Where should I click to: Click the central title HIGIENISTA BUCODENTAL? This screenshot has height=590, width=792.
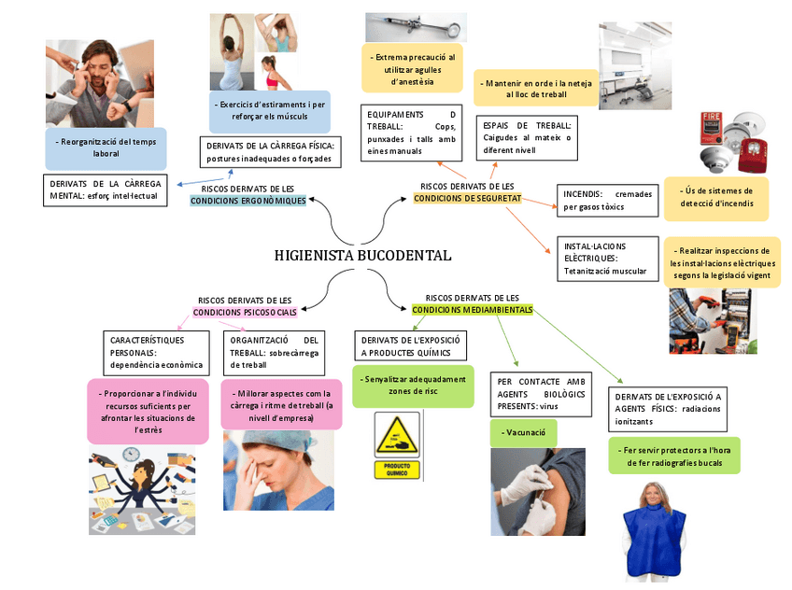click(362, 255)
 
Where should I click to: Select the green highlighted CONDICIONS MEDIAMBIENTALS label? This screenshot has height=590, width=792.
click(473, 309)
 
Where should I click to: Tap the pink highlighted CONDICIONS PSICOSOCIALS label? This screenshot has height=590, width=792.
click(245, 312)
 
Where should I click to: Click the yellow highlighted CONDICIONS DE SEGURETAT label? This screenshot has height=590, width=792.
click(467, 198)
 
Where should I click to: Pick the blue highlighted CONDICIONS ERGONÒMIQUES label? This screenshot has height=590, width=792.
click(247, 201)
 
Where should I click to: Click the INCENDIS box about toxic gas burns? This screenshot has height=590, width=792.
click(607, 200)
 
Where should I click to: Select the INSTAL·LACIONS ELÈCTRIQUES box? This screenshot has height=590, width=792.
click(606, 259)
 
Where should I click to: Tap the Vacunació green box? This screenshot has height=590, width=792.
click(523, 433)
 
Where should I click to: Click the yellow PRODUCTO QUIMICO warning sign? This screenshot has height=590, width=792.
click(397, 446)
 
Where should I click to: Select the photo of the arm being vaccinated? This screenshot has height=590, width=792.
click(538, 491)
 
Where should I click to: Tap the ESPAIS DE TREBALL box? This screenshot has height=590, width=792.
click(527, 137)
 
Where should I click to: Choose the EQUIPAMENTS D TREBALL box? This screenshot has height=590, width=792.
click(412, 133)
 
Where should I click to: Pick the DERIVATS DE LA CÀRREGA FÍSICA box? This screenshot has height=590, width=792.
click(270, 152)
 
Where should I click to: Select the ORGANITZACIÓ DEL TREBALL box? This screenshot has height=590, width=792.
click(275, 352)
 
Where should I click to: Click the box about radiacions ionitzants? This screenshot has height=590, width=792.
click(668, 409)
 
